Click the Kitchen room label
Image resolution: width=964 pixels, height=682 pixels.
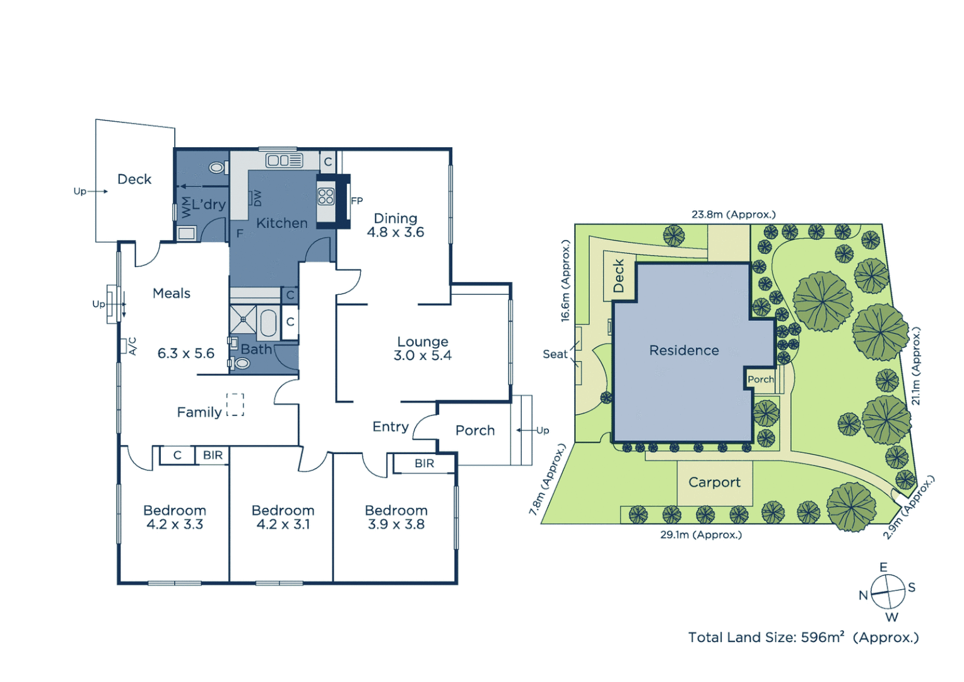click(281, 223)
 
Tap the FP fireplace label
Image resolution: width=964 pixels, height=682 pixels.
click(356, 201)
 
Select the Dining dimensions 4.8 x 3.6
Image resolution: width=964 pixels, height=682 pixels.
click(396, 232)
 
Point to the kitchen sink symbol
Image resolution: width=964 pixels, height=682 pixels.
click(284, 160)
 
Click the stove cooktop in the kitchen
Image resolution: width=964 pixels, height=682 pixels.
click(326, 196)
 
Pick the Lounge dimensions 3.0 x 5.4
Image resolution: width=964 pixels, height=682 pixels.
click(422, 356)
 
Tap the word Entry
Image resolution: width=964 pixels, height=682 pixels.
click(391, 427)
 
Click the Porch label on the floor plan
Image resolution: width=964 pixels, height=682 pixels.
click(475, 431)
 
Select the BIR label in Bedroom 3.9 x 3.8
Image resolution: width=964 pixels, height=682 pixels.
click(424, 464)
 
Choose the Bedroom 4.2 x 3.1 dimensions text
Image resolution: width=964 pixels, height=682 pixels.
click(283, 525)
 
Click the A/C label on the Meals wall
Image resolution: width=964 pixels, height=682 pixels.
click(132, 346)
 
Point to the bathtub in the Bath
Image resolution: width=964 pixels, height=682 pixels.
click(268, 322)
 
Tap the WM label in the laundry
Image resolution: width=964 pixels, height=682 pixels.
click(186, 207)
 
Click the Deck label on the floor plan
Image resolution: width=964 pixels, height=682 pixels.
click(134, 179)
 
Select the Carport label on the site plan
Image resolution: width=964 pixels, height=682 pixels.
click(714, 482)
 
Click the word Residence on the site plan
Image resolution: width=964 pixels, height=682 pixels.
click(684, 350)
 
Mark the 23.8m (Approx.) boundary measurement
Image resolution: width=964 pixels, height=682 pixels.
click(733, 215)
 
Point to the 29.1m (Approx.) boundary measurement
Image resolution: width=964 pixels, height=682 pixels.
click(701, 535)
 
